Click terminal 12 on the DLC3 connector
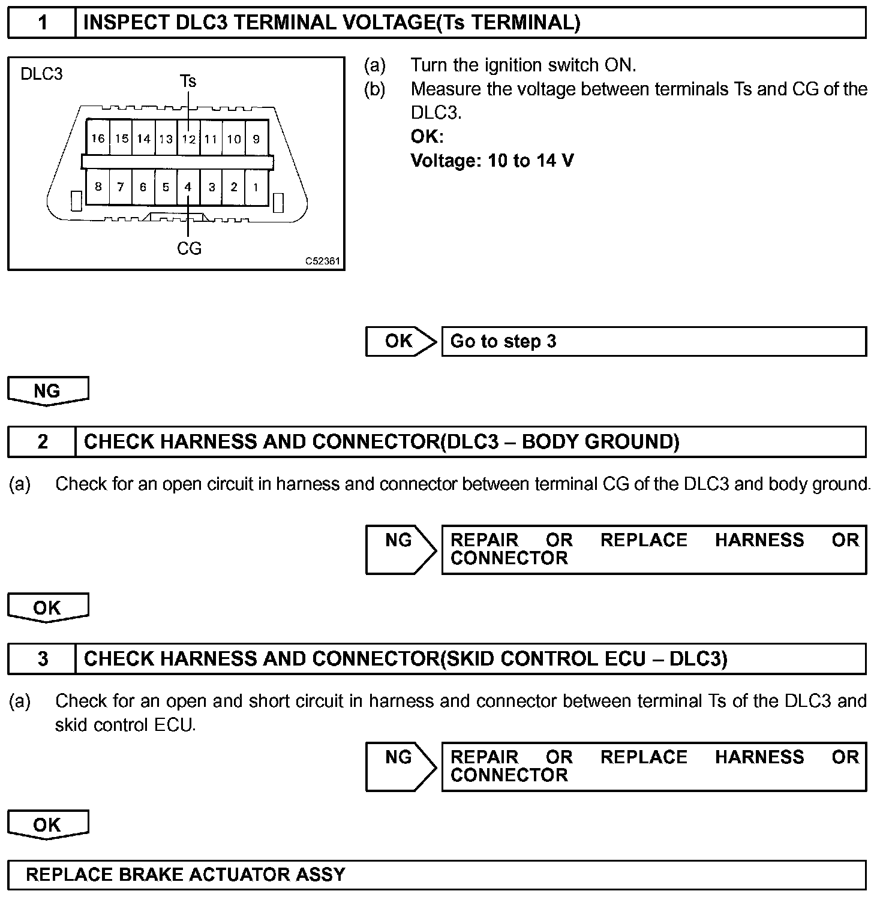[x=188, y=139]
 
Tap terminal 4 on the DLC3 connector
[x=188, y=187]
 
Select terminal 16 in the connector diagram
[x=98, y=139]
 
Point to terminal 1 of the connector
[x=256, y=187]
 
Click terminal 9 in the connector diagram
[x=256, y=139]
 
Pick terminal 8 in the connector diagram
[x=98, y=186]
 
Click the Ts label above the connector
[x=188, y=81]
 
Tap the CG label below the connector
[x=189, y=248]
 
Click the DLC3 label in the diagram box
[x=41, y=74]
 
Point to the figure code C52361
[x=322, y=261]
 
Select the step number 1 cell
[x=42, y=23]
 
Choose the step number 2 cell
[x=42, y=442]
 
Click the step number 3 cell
[x=42, y=659]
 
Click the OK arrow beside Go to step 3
[x=400, y=341]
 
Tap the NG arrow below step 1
[x=47, y=391]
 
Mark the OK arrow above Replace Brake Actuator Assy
[x=47, y=825]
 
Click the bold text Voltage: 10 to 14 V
[x=492, y=161]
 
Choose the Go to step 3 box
[x=654, y=341]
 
